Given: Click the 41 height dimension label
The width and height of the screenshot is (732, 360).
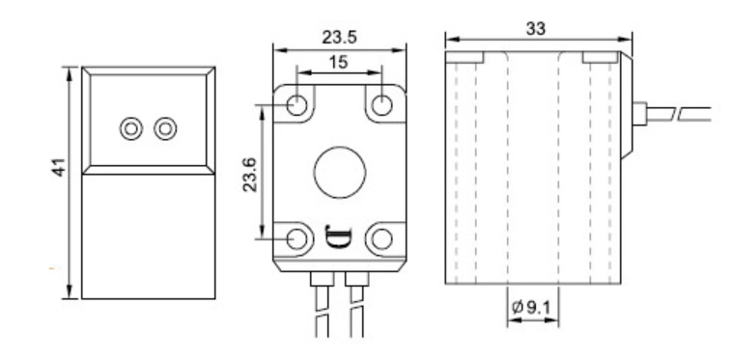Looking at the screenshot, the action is [60, 167].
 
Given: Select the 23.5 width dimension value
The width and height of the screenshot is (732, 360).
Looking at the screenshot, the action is [339, 38].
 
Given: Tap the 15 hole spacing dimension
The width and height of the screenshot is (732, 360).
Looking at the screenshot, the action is [338, 62].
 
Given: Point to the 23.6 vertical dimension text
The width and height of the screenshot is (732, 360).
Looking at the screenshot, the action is [250, 175].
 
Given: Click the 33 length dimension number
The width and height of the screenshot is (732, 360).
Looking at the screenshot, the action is [535, 29].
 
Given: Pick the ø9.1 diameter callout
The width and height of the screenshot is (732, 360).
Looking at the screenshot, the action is [531, 307].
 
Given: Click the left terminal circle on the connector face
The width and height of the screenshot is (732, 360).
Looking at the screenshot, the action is [131, 128].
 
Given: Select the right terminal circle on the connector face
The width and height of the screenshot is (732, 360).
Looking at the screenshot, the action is [165, 128].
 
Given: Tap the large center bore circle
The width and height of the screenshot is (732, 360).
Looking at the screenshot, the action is [340, 172].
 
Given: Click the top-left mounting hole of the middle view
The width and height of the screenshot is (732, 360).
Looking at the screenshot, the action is [296, 105].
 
